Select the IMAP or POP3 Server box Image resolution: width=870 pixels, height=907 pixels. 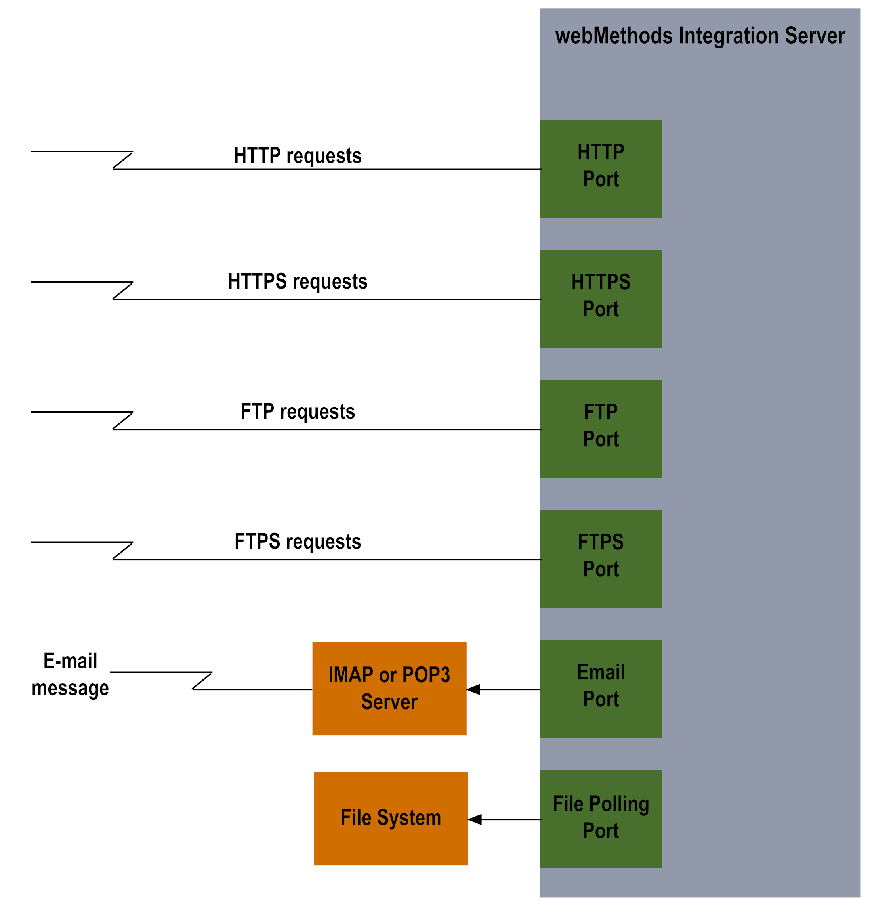pos(389,688)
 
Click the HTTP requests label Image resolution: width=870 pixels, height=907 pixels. pos(298,155)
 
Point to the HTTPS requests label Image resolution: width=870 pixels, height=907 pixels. pos(298,281)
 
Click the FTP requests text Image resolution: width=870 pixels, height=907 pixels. pos(298,411)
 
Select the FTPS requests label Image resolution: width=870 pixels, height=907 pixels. pos(298,542)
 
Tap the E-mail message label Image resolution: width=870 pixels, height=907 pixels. pos(70,674)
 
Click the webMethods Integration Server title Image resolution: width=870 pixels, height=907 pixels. pos(699,36)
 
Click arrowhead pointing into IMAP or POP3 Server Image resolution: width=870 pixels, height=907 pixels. pos(473,689)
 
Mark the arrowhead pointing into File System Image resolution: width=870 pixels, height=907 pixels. pos(475,819)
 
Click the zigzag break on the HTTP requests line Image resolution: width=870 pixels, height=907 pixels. pos(122,160)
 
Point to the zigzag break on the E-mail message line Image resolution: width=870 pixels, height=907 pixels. pos(202,681)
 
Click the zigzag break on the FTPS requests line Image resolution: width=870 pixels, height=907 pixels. pos(122,551)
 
